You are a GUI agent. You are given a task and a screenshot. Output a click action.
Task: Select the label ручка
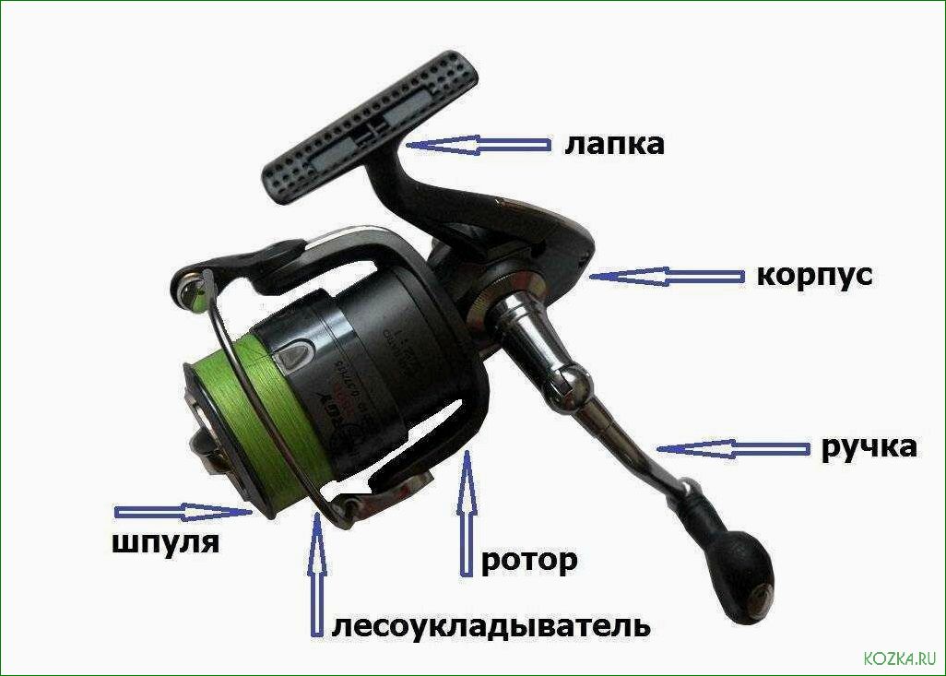coord(869,447)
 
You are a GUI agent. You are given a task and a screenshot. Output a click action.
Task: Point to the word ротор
coord(529,560)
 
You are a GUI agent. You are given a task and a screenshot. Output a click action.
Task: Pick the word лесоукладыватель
coord(491,626)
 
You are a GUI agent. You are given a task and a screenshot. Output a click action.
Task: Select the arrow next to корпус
coord(668,276)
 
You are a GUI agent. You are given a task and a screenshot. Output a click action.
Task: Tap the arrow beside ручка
coord(734,448)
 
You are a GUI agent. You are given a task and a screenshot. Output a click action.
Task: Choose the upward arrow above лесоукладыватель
coord(318,572)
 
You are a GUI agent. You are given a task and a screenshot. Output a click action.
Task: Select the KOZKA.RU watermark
coord(899,658)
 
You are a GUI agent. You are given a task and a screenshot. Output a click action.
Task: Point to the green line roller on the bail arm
coord(192,293)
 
